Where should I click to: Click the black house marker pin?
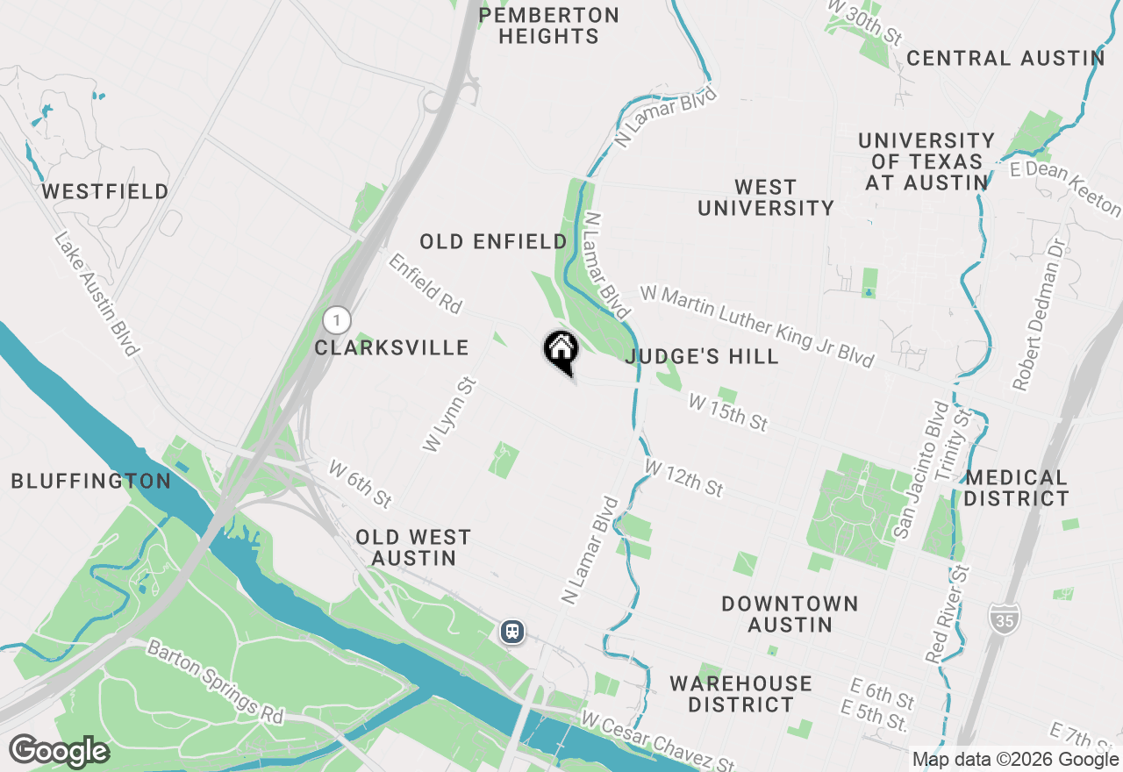[x=561, y=352]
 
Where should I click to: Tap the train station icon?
[x=512, y=631]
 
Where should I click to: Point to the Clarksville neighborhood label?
[x=392, y=348]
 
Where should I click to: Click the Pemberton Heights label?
[x=550, y=26]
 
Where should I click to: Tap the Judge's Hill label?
[x=702, y=356]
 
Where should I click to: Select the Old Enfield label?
[x=493, y=242]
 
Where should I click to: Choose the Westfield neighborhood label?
[x=105, y=191]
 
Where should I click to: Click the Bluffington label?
[x=91, y=481]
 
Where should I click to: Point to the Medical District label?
[x=1017, y=489]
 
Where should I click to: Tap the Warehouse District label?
[x=740, y=694]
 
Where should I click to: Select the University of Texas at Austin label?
[x=926, y=161]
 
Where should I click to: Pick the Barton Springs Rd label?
[x=216, y=683]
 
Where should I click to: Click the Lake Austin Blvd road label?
[x=97, y=294]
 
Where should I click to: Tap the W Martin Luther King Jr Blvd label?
[x=757, y=325]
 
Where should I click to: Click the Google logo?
[x=59, y=752]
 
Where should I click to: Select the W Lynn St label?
[x=448, y=414]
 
